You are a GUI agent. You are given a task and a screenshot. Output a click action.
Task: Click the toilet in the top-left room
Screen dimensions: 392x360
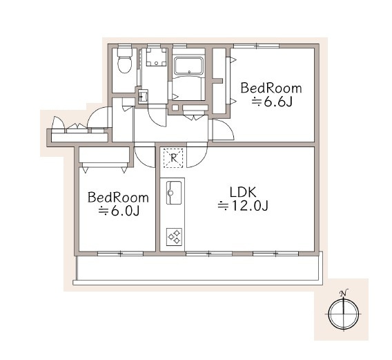point(125,60)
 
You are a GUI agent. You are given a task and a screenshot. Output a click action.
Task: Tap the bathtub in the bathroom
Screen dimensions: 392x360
point(189,66)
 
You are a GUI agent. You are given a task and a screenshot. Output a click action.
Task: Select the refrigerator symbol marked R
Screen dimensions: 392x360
point(173,158)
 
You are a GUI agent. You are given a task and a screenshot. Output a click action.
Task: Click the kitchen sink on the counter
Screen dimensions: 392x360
point(174,193)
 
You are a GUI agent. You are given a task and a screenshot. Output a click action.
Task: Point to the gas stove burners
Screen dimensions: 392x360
point(174,237)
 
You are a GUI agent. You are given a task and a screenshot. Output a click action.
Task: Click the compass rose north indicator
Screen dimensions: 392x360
point(344,314)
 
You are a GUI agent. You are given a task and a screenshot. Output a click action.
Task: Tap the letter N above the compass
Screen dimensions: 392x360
point(344,293)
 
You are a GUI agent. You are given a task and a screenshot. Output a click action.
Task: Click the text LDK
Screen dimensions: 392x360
point(243,193)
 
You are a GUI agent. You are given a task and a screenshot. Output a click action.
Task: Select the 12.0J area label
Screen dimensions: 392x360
point(243,206)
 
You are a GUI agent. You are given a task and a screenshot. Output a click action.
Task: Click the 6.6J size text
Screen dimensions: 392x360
point(272,102)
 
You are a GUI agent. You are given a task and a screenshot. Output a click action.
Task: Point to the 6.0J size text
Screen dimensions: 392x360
point(119,211)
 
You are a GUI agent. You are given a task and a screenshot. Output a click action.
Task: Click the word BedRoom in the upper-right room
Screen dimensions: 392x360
point(271,88)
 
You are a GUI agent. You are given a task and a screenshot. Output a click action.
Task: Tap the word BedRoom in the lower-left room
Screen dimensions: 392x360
point(118,198)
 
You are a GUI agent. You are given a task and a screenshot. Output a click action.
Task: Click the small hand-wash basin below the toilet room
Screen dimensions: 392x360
point(143,96)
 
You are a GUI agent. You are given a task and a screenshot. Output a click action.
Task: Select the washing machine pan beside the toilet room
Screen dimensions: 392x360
point(157,57)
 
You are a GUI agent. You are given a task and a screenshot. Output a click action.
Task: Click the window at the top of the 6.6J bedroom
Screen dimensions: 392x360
point(257,46)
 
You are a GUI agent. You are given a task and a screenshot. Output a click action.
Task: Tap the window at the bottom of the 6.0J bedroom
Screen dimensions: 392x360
point(120,254)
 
